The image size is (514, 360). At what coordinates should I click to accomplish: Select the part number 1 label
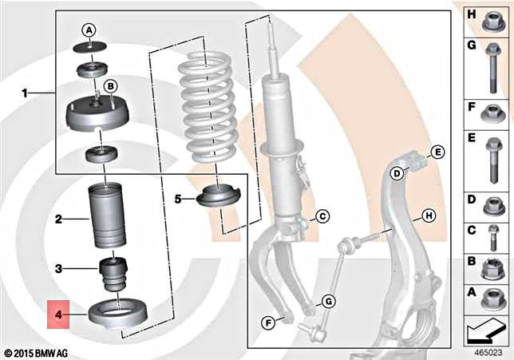coord(25,93)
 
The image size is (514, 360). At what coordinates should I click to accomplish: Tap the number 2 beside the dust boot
coord(58,217)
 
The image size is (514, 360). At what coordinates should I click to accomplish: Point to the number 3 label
coord(58,268)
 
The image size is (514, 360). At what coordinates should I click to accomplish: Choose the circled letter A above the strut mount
coord(90,29)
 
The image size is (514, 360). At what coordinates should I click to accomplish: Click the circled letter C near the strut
coord(321,216)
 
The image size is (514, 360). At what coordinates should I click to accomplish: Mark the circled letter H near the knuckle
coord(428,216)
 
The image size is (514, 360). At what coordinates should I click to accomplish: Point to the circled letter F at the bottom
coord(269,322)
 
